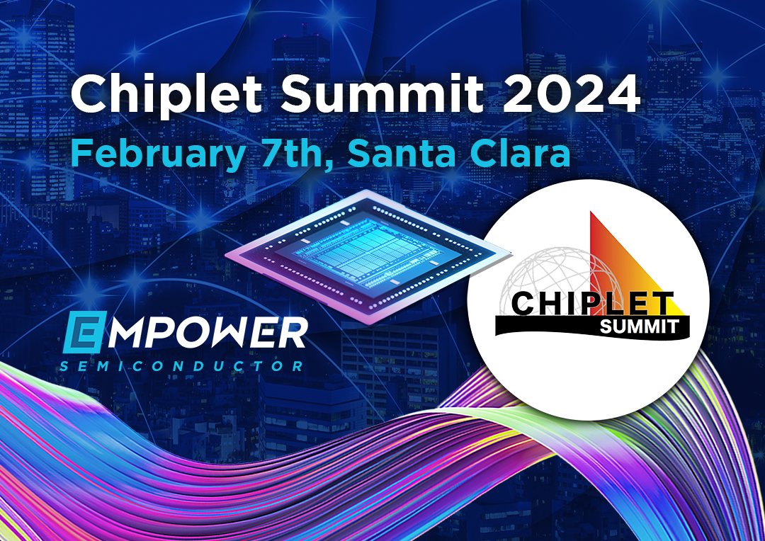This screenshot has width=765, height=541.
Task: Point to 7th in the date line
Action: pyautogui.click(x=294, y=152)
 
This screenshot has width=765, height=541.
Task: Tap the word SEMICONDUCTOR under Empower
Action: pyautogui.click(x=182, y=366)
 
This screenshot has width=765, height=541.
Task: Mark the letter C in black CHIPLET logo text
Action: pyautogui.click(x=526, y=303)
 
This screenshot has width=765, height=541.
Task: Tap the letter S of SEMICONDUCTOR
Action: pyautogui.click(x=65, y=366)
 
